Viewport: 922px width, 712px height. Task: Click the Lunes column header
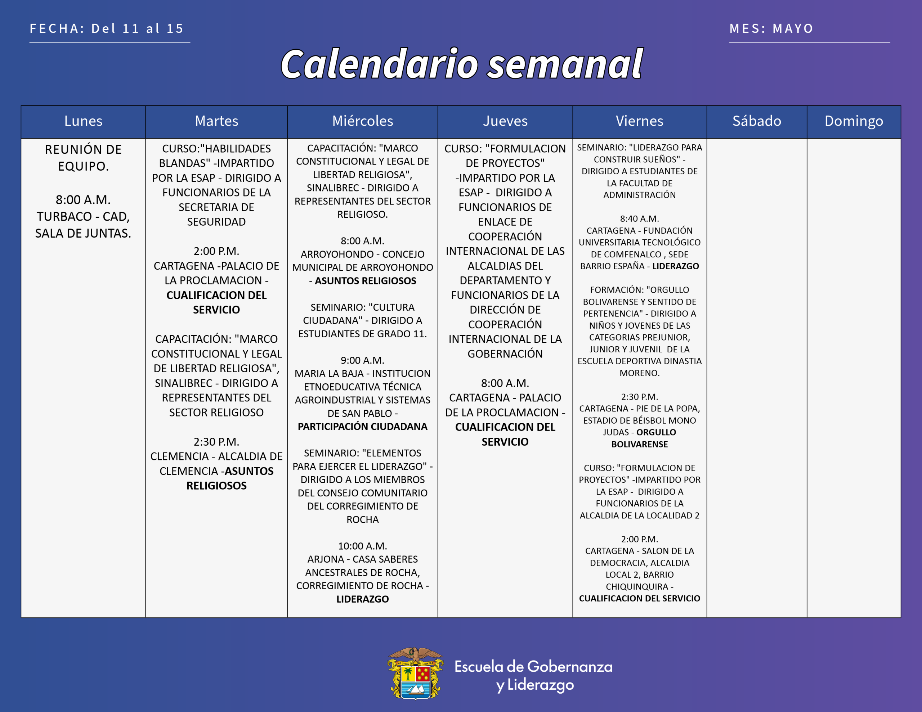tap(83, 121)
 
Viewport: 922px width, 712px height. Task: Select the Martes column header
tap(216, 121)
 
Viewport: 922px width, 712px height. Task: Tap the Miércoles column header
tap(363, 121)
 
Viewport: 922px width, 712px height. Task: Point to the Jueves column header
tap(505, 121)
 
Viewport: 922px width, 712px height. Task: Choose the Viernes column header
tap(640, 121)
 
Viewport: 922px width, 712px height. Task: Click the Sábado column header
tap(757, 121)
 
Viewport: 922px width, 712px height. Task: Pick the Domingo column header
tap(854, 122)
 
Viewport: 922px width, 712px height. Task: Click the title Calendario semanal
tap(461, 64)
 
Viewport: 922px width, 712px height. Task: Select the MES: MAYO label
tap(772, 28)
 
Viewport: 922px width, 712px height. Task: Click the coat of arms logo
tap(415, 673)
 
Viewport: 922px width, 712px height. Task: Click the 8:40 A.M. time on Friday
tap(640, 218)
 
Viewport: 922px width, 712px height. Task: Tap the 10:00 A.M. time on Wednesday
tap(363, 546)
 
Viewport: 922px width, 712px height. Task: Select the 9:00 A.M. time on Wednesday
tap(363, 360)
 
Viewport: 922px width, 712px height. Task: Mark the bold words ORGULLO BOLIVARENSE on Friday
tap(640, 438)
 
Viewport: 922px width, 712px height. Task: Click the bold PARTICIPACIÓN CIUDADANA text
tap(363, 427)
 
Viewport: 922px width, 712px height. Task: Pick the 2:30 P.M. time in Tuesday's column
tap(216, 442)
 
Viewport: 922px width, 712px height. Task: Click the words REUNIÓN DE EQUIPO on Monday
tap(83, 158)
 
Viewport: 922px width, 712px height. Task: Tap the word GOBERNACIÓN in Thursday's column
tap(505, 354)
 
